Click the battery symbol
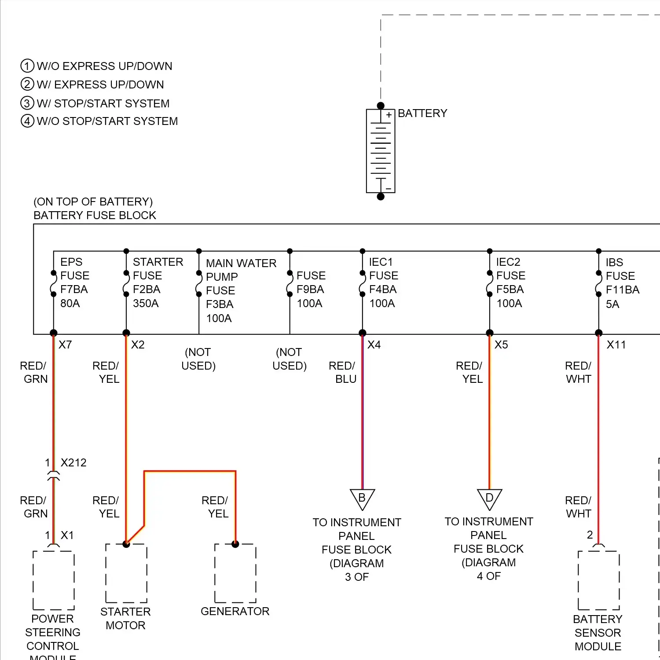381,151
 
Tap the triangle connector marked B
362,499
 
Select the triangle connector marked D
489,499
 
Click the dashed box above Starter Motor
126,573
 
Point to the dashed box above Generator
235,573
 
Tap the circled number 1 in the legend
27,66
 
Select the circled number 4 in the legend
27,121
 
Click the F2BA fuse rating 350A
146,303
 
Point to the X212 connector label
73,462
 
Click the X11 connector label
616,345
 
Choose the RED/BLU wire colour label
342,372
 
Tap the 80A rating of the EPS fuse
70,303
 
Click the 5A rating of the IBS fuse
612,304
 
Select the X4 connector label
374,345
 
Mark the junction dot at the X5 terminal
490,333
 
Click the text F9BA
310,289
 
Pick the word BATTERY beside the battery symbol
422,113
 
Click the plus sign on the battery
389,115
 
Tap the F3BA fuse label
220,304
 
